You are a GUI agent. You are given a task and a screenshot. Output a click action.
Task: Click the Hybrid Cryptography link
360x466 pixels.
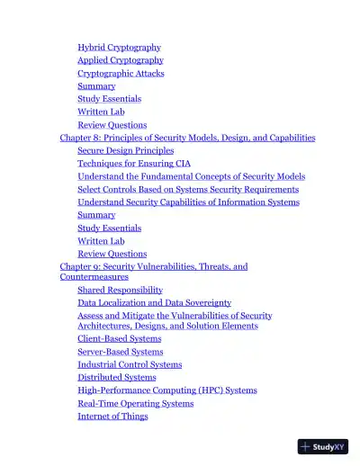(119, 48)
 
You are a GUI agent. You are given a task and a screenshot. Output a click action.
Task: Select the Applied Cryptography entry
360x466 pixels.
(120, 60)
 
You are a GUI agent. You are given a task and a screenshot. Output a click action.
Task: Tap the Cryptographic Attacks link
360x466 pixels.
(121, 74)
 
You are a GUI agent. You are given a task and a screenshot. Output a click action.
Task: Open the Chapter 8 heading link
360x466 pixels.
(187, 138)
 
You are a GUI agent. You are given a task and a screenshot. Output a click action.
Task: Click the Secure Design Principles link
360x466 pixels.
(125, 151)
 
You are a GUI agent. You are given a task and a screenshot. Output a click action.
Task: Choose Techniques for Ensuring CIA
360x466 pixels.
(134, 164)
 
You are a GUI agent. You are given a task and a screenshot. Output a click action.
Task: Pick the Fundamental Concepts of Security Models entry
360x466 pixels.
(191, 177)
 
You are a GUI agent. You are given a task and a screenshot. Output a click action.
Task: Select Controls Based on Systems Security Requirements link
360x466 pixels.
(187, 190)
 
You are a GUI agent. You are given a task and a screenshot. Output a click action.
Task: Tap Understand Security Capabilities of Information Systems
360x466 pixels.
(188, 202)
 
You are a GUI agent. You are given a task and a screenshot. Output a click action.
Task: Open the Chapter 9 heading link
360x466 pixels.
(153, 267)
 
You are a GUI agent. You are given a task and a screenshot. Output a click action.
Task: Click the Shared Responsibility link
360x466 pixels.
(120, 291)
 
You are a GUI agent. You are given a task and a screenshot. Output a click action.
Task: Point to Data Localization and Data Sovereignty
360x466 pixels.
(154, 303)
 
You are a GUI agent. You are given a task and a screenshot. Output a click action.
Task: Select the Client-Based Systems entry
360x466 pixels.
(119, 339)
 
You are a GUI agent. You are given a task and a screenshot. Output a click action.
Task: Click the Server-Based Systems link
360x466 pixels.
(120, 352)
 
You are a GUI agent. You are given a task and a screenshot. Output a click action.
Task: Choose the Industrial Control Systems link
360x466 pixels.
(130, 365)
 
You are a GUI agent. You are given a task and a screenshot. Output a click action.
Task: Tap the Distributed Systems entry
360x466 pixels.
(116, 378)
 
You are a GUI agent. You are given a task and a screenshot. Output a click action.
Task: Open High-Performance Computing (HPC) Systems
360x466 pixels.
(166, 390)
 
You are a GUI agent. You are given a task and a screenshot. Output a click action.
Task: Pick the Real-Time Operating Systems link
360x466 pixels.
(135, 404)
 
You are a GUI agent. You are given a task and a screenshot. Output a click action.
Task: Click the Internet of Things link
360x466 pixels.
(112, 417)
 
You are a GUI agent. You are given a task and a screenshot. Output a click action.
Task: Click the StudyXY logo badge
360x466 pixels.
(322, 445)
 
